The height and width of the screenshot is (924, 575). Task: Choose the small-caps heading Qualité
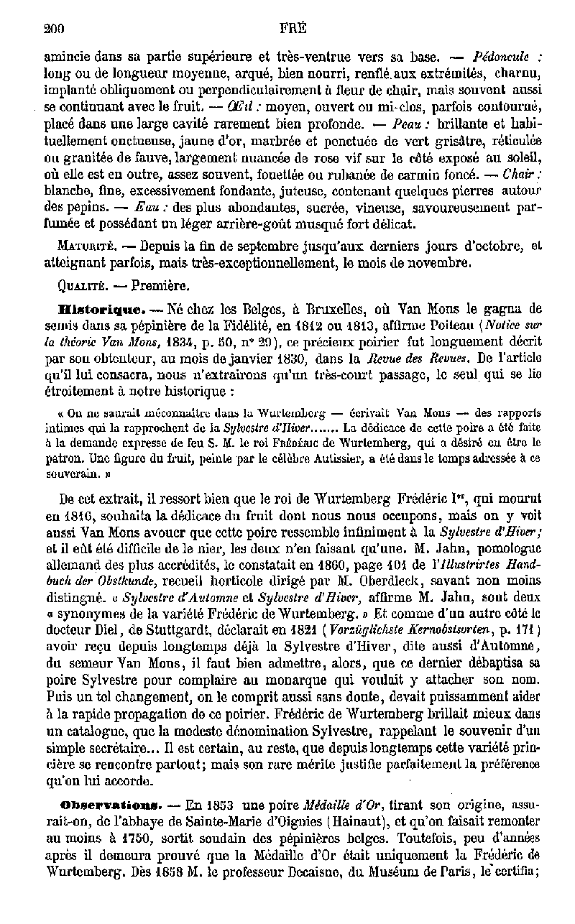pyautogui.click(x=81, y=285)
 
